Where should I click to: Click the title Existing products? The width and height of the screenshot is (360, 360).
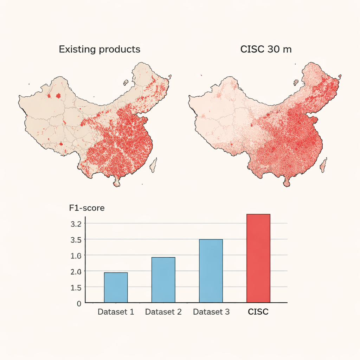tap(99, 49)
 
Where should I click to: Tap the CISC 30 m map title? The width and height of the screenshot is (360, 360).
tap(266, 49)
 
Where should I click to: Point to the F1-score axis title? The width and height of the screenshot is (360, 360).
tap(87, 208)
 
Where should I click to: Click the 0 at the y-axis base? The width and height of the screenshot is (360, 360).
tap(79, 303)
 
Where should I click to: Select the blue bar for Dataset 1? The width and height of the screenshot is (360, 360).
tap(116, 287)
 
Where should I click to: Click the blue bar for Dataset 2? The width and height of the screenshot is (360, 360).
tap(163, 279)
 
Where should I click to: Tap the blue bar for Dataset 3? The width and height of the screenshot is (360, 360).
tap(211, 271)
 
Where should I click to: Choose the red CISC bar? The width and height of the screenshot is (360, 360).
tap(258, 258)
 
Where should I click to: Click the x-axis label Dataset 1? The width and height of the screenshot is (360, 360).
tap(116, 312)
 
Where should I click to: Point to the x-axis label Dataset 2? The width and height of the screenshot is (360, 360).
tap(163, 312)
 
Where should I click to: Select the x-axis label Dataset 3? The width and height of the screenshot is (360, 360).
tap(211, 312)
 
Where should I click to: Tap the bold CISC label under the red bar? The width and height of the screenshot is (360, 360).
tap(258, 312)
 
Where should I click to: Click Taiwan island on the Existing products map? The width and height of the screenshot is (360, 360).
tap(154, 165)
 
